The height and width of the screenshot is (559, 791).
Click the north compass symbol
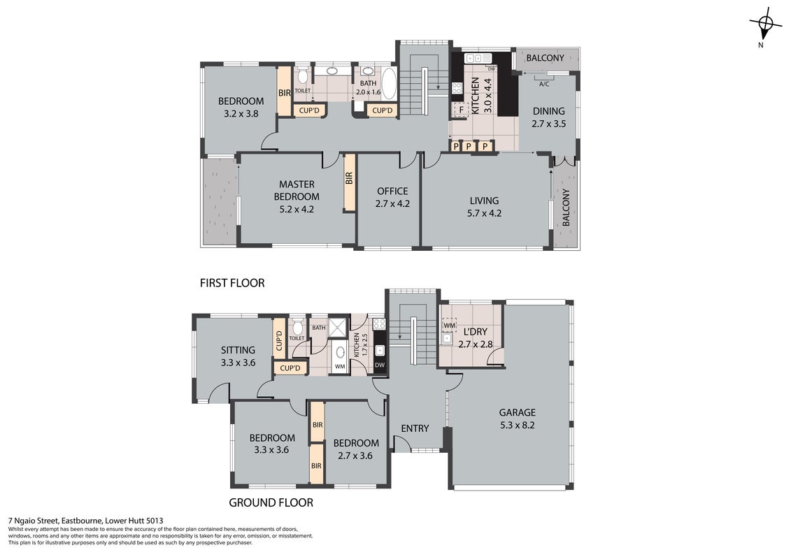pyautogui.click(x=766, y=23)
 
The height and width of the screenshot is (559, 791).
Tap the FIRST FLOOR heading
pyautogui.click(x=232, y=283)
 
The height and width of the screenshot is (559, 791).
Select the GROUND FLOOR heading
pyautogui.click(x=271, y=502)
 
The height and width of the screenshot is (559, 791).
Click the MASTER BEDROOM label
pyautogui.click(x=297, y=191)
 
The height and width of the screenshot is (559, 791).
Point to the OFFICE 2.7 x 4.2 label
pyautogui.click(x=392, y=198)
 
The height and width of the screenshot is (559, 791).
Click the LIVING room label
pyautogui.click(x=484, y=207)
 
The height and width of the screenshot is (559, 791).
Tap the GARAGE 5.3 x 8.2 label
pyautogui.click(x=518, y=419)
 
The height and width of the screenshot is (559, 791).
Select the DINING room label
pyautogui.click(x=549, y=117)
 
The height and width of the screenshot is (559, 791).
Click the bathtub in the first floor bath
pyautogui.click(x=389, y=84)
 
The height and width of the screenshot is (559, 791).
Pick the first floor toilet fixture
pyautogui.click(x=302, y=76)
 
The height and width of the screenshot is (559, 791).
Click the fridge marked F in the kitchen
pyautogui.click(x=461, y=110)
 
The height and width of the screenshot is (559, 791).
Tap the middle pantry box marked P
pyautogui.click(x=469, y=146)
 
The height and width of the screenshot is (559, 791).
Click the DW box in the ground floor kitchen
pyautogui.click(x=380, y=365)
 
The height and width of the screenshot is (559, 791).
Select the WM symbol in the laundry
pyautogui.click(x=449, y=326)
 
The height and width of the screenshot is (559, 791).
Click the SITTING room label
pyautogui.click(x=238, y=356)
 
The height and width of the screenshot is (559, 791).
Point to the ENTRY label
pyautogui.click(x=415, y=428)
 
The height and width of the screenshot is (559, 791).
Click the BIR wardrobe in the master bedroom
pyautogui.click(x=350, y=182)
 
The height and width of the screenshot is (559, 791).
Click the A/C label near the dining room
pyautogui.click(x=544, y=84)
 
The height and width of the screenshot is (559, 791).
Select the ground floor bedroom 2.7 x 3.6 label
pyautogui.click(x=356, y=449)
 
